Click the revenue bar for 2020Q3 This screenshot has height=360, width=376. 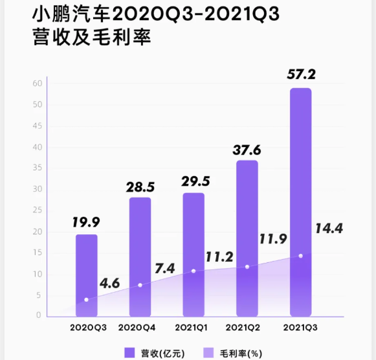(87, 275)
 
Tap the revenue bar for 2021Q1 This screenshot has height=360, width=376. (194, 254)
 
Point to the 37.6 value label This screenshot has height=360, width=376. (247, 150)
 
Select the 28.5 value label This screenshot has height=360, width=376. (140, 188)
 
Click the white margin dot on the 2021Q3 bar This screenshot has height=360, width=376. (301, 256)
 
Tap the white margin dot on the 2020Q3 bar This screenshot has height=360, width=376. (87, 300)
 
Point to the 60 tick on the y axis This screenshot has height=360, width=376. (38, 84)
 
